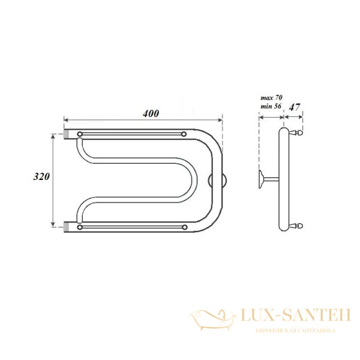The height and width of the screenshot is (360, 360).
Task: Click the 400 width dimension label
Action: pyautogui.click(x=151, y=113)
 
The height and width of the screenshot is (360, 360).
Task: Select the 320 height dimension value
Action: pyautogui.click(x=41, y=176)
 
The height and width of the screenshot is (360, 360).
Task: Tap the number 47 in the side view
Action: pyautogui.click(x=295, y=107)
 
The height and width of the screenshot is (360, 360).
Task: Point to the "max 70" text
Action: pyautogui.click(x=271, y=98)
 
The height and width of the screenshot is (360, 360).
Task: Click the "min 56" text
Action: pyautogui.click(x=271, y=106)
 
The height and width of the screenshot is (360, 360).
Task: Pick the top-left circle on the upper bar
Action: pyautogui.click(x=80, y=134)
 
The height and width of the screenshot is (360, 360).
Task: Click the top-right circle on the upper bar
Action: pyautogui.click(x=184, y=134)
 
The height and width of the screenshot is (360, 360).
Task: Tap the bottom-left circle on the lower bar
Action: pyautogui.click(x=80, y=227)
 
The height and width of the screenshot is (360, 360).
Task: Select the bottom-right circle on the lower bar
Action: pyautogui.click(x=185, y=227)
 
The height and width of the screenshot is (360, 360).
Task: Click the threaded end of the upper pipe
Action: pyautogui.click(x=66, y=134)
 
